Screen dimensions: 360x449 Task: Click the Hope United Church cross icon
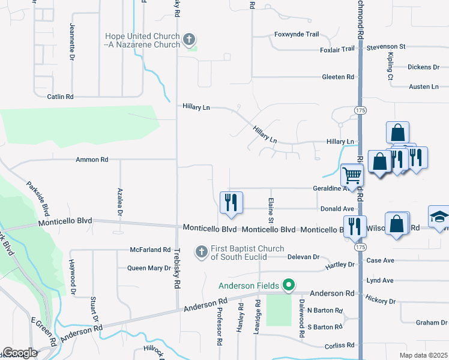click(189, 40)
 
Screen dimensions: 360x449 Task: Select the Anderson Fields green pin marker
click(289, 285)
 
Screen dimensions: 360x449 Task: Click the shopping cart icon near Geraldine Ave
click(352, 175)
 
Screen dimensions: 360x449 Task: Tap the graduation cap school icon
click(439, 217)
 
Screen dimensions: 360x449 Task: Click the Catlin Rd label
click(61, 96)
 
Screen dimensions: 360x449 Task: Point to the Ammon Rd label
click(92, 160)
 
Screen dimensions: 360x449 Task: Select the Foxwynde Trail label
click(297, 34)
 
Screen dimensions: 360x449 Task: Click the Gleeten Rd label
click(338, 77)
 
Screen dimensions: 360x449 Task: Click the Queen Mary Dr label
click(149, 268)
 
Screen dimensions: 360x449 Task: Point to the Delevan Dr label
click(304, 257)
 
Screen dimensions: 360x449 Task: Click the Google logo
click(20, 353)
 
